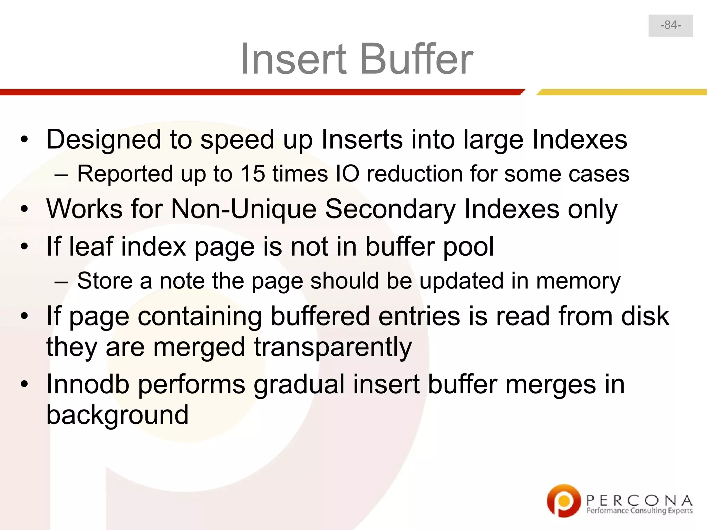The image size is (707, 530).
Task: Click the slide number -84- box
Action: (670, 26)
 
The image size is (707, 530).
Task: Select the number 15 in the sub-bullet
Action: (252, 174)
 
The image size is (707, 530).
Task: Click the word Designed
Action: (104, 140)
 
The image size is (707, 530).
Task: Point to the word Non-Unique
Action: (244, 209)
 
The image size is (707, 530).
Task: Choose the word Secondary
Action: (390, 209)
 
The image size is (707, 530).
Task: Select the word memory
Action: (578, 281)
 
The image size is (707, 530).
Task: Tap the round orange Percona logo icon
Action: (563, 501)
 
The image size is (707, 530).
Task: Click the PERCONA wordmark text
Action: (639, 500)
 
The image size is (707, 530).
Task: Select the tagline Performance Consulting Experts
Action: (639, 511)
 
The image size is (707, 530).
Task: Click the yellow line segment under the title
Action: (621, 92)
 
